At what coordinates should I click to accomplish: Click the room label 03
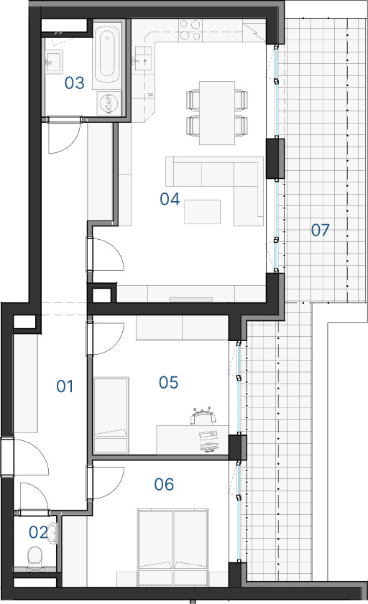[74, 83]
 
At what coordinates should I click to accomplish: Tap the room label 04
[170, 199]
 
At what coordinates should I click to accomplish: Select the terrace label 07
[321, 230]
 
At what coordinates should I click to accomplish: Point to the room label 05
[168, 382]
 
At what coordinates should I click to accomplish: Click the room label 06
[164, 484]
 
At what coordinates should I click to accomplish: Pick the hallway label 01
[65, 386]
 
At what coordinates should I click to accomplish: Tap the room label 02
[38, 532]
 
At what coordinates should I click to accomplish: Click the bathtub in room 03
[107, 54]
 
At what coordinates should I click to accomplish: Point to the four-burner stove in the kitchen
[190, 30]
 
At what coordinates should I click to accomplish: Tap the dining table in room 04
[217, 113]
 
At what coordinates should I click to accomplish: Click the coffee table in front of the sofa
[202, 211]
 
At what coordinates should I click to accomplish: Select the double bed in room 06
[173, 547]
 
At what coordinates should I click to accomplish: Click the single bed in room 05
[111, 415]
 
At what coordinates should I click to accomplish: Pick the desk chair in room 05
[203, 416]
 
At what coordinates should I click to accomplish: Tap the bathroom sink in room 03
[54, 61]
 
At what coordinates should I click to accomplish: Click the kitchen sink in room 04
[143, 59]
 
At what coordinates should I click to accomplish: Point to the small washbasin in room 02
[52, 534]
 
